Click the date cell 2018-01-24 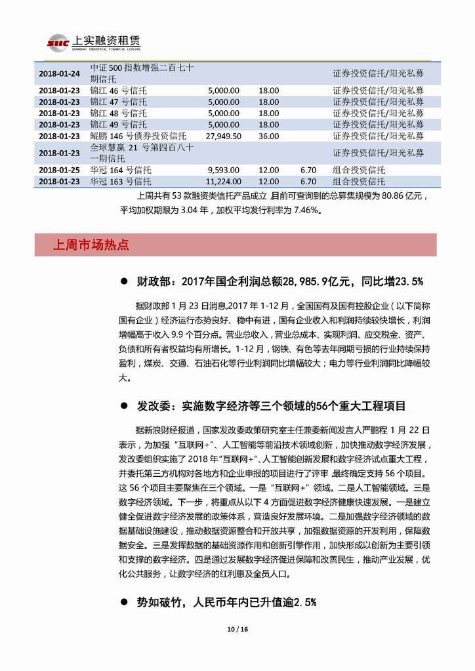tap(60, 73)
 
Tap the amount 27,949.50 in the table tap(224, 136)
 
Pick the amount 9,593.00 tap(226, 170)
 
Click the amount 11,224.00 tap(223, 181)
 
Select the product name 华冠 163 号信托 tap(121, 181)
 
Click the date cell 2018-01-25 tap(60, 170)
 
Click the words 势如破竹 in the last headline tap(158, 601)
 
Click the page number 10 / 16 tap(237, 630)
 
